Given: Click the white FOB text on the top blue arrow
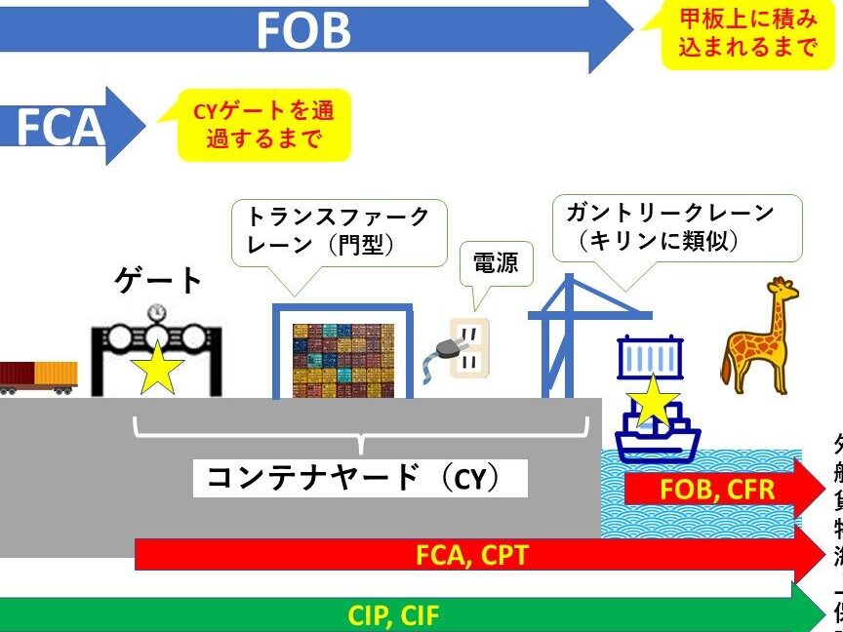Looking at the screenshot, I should [303, 31].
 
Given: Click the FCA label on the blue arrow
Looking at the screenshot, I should [60, 127].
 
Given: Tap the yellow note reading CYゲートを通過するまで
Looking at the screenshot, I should [262, 125].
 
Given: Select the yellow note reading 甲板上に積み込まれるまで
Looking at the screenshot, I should [749, 33].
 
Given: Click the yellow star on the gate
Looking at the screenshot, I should [157, 369].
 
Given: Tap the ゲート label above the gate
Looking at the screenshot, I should [159, 280].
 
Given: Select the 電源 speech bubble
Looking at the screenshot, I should [496, 261].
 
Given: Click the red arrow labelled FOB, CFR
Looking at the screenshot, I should [722, 489].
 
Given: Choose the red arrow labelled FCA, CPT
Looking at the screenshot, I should [473, 555].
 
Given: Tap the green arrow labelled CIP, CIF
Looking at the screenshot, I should [410, 614].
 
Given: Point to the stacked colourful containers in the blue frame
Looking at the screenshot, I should [342, 359].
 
